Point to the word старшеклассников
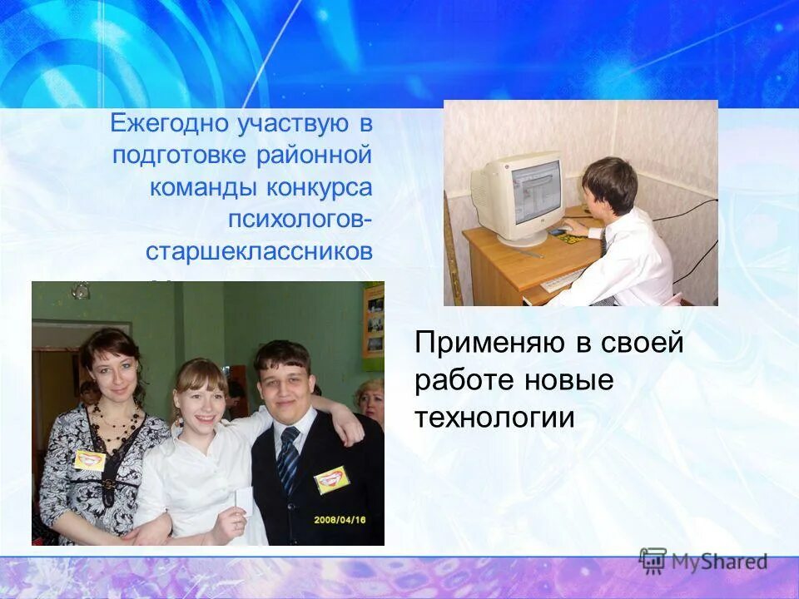click(259, 252)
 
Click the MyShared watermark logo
click(703, 562)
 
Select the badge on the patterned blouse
click(90, 460)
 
